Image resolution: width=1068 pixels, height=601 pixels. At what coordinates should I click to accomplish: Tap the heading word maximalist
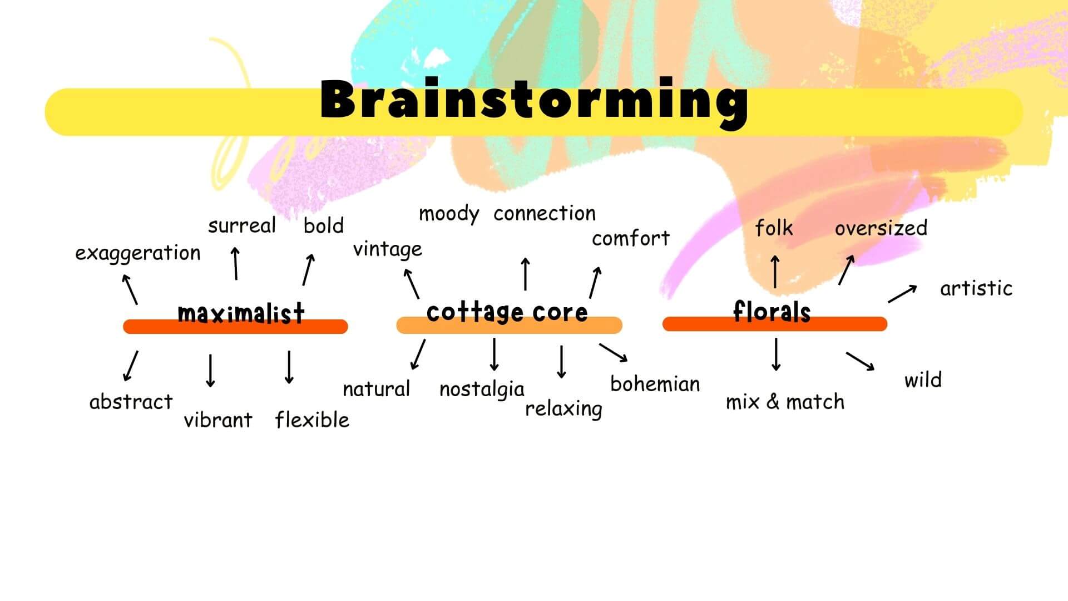[241, 313]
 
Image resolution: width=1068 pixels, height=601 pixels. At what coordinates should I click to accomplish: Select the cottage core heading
[507, 312]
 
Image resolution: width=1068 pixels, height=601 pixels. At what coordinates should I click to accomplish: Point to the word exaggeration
[138, 253]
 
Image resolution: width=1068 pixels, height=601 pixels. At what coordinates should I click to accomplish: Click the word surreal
[242, 225]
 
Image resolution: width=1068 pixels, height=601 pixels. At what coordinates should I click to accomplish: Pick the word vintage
[388, 249]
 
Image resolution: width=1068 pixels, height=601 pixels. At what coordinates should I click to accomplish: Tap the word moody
[449, 214]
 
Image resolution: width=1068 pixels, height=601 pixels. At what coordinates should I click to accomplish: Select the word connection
[545, 213]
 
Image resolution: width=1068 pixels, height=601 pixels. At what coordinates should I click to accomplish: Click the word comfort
[631, 238]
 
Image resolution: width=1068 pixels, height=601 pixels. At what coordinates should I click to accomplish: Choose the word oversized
[881, 228]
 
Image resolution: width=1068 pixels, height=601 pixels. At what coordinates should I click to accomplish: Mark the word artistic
[976, 288]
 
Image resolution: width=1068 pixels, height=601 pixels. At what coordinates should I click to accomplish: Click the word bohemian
[655, 383]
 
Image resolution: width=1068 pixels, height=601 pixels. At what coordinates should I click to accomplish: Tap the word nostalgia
[482, 389]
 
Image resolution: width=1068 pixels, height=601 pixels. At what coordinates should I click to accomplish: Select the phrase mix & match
[785, 401]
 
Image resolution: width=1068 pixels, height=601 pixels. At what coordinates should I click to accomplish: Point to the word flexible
[312, 419]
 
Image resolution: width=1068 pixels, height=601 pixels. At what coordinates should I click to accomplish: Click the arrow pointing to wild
[860, 361]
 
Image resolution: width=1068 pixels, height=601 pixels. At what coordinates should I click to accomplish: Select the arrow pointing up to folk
[775, 272]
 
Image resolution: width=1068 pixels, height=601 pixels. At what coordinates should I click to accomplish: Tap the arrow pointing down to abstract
[131, 366]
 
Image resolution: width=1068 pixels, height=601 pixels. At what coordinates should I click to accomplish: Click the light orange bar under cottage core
[509, 326]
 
